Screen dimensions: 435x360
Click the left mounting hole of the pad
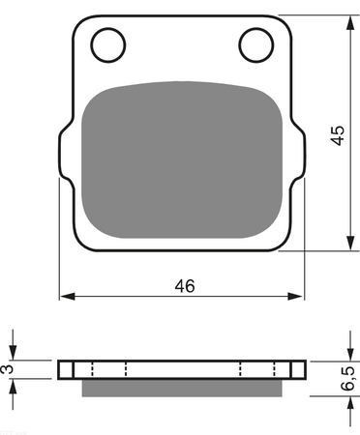click(x=109, y=43)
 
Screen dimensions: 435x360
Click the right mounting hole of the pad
click(x=255, y=43)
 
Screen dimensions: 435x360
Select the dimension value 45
click(x=336, y=134)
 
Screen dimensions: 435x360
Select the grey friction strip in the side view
click(x=182, y=388)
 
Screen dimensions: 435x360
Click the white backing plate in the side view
click(x=182, y=369)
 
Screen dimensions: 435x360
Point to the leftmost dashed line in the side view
click(x=90, y=369)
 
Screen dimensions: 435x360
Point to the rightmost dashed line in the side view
click(x=276, y=369)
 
